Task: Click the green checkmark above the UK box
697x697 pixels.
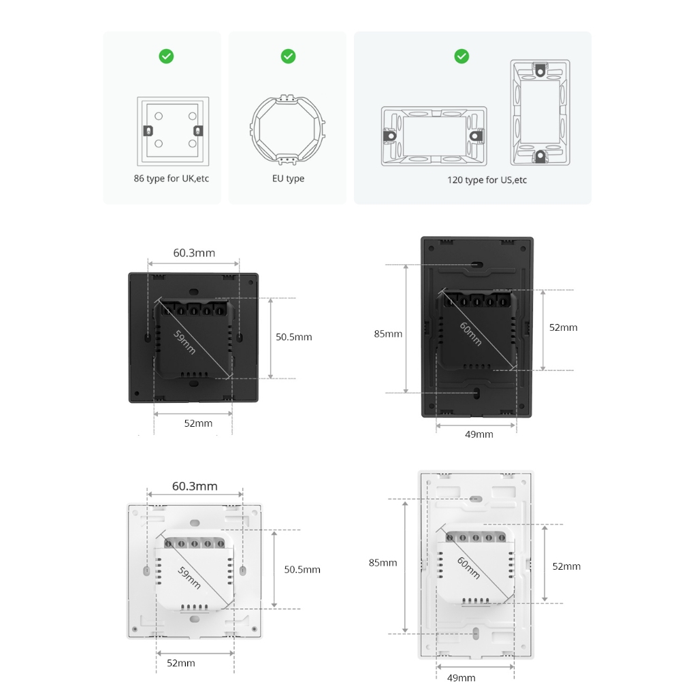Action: click(166, 56)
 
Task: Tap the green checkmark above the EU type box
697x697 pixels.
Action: click(288, 56)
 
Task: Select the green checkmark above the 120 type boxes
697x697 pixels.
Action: click(461, 56)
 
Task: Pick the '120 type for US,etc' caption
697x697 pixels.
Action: click(487, 180)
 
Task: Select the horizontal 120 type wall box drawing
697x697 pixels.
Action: click(434, 136)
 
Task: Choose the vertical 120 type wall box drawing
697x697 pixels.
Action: click(540, 112)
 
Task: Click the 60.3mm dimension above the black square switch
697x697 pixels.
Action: click(194, 253)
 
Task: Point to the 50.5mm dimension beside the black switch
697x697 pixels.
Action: click(293, 337)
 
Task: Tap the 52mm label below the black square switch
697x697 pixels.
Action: click(198, 423)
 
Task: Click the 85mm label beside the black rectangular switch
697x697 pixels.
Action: click(388, 334)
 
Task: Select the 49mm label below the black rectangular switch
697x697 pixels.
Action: click(479, 434)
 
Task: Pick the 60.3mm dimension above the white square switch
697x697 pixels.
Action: click(195, 486)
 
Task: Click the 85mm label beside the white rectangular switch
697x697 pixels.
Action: click(383, 563)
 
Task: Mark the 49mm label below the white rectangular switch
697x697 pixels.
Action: click(461, 678)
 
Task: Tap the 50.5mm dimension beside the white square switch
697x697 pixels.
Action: click(302, 570)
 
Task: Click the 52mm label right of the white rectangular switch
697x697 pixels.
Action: click(566, 566)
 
